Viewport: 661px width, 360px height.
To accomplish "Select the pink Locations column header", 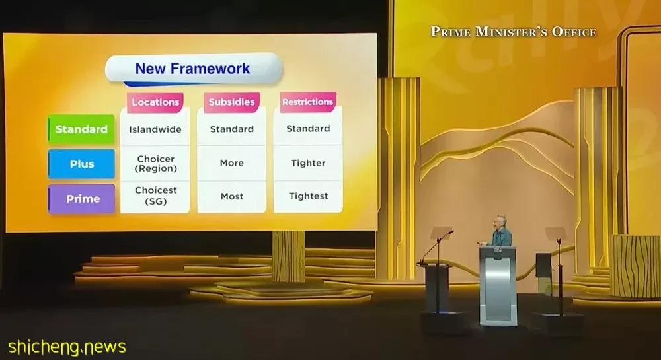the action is click(155, 102).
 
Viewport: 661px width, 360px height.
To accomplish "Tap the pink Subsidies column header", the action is click(231, 102).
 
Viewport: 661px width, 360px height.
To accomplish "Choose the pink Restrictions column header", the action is click(308, 102).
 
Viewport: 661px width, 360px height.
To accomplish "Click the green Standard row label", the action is click(81, 129).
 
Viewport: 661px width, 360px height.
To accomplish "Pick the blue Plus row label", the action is click(81, 164).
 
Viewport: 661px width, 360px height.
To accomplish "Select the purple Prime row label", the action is click(81, 199).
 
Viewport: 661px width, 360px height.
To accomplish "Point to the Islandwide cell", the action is click(155, 129).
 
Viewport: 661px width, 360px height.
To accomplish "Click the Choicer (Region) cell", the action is click(155, 164).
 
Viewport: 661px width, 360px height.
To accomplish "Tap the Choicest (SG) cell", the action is click(155, 196).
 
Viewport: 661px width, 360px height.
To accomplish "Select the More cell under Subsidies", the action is click(231, 163).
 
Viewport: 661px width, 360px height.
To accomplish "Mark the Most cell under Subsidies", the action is click(231, 196).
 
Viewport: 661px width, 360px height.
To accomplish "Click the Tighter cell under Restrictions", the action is click(308, 163).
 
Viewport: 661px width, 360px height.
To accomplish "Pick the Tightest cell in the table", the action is click(308, 196).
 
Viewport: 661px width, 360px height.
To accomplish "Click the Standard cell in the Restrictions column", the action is click(308, 129).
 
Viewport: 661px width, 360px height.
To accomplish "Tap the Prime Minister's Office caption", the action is click(514, 32).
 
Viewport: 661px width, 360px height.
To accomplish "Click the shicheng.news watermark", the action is click(67, 347).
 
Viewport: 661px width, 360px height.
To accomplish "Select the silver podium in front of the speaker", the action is click(498, 285).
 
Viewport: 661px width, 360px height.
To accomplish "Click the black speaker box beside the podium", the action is click(543, 266).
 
